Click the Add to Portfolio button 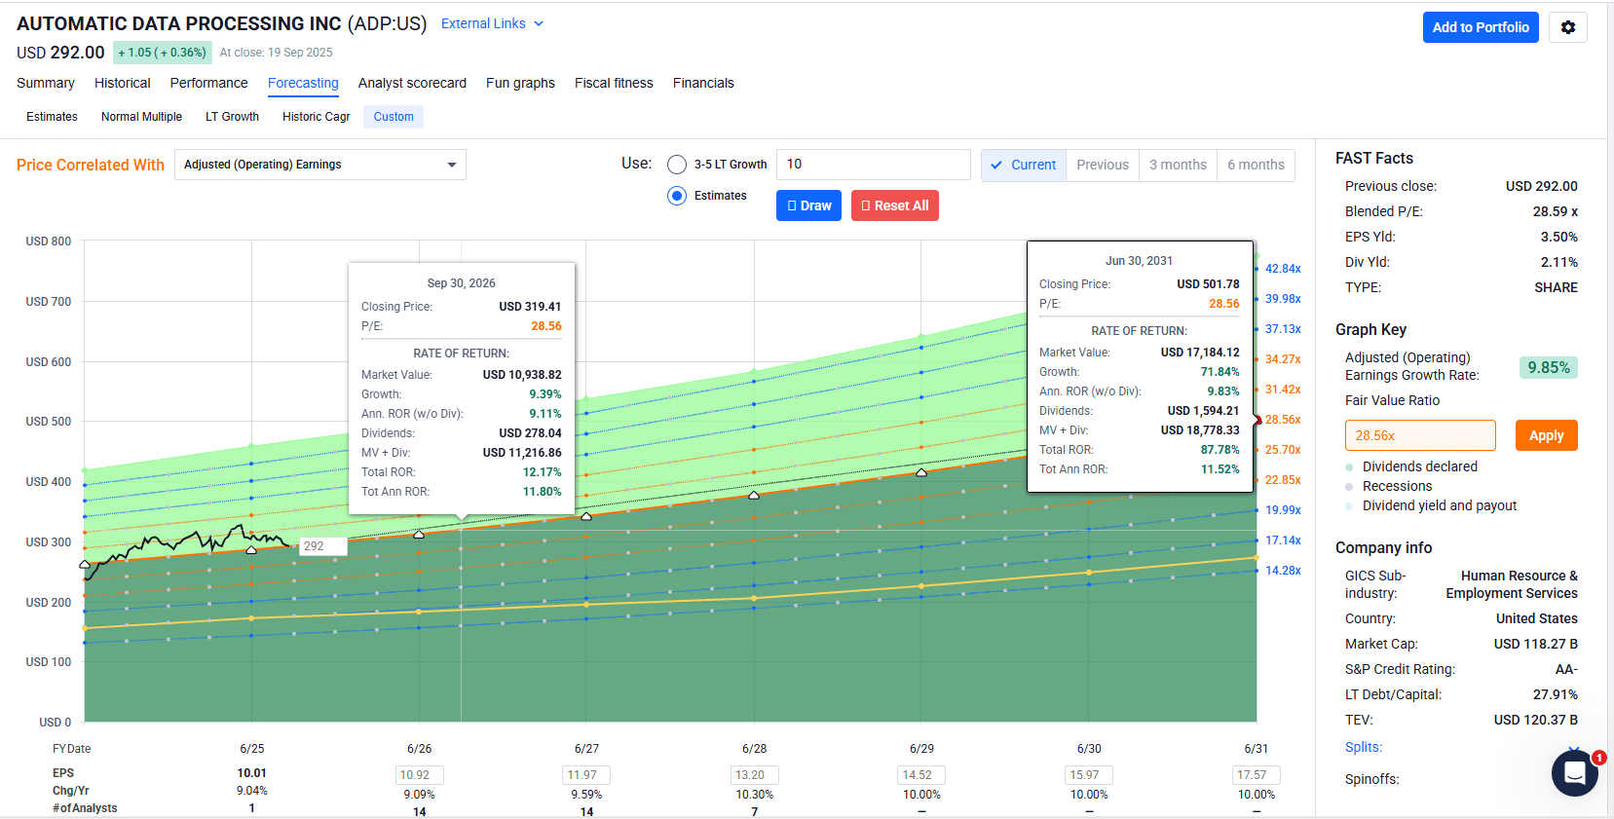(x=1480, y=27)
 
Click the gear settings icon (x=1567, y=27)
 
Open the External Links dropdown (x=492, y=23)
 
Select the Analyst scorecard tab (x=412, y=83)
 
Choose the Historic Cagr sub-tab (x=316, y=117)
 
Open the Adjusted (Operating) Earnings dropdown (x=319, y=165)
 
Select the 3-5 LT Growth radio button (x=677, y=165)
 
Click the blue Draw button (x=808, y=205)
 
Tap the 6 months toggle (x=1256, y=165)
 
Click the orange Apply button (x=1546, y=435)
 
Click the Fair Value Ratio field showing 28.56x (x=1419, y=435)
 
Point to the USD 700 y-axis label (x=49, y=302)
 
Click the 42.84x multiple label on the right (x=1283, y=269)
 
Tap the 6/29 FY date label (x=921, y=749)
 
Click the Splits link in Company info (x=1363, y=747)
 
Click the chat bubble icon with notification (x=1574, y=774)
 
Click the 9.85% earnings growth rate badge (x=1548, y=367)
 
